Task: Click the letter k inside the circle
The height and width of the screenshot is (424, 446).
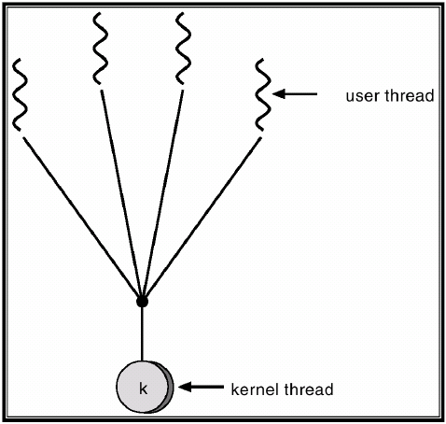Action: coord(143,389)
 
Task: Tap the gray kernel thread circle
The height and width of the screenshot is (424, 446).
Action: coord(143,387)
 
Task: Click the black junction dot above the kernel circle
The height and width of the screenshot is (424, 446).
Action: coord(142,302)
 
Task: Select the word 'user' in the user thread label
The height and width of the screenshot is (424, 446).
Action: coord(363,96)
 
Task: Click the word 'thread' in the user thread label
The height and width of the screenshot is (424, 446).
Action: coord(410,95)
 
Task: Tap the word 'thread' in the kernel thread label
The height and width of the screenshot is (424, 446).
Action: coord(309,389)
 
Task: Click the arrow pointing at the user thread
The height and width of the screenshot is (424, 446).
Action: coord(295,93)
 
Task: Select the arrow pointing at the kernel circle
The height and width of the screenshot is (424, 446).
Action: coord(201,387)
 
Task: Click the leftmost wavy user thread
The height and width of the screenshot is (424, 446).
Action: coord(19,94)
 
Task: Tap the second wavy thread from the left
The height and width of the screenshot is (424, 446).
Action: coord(100,49)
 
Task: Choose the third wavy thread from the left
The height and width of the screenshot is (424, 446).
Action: coord(184,49)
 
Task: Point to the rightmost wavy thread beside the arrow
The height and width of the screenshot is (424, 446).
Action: coord(263,94)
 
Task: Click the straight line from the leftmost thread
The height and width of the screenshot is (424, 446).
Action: coord(82,217)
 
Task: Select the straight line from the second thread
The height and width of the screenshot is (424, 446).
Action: coord(120,193)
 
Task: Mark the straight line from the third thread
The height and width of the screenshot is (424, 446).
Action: coord(163,193)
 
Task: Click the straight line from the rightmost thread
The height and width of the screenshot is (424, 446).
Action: coord(202,217)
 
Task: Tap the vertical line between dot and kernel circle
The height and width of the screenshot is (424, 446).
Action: coord(142,334)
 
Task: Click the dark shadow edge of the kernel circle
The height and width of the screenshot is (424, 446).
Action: coord(170,388)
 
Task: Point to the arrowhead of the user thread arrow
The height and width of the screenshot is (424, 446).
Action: coord(279,93)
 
